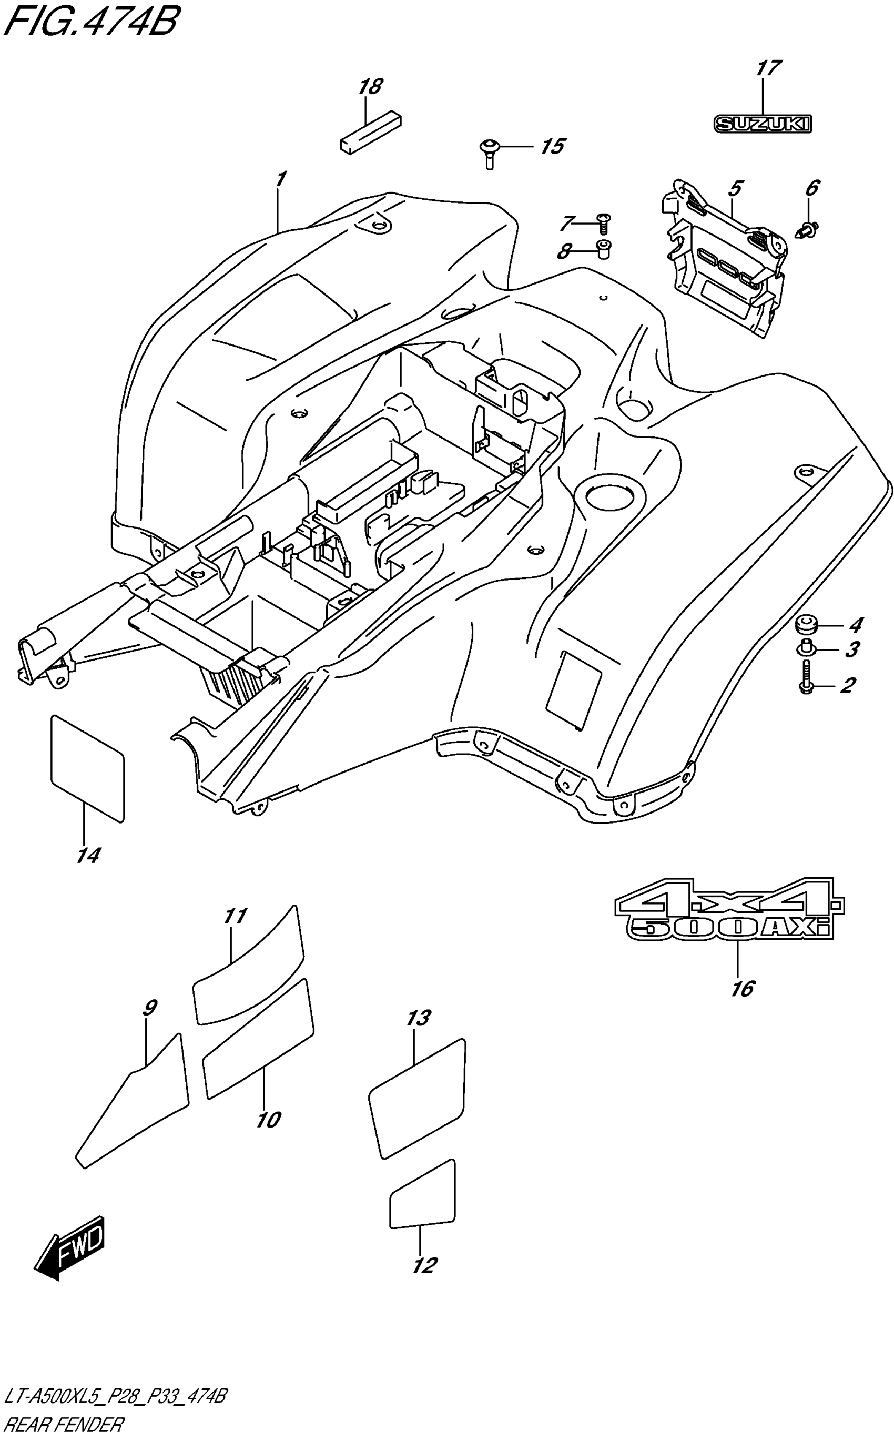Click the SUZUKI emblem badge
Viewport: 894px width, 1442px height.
pyautogui.click(x=763, y=124)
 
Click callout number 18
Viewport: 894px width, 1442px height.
pyautogui.click(x=370, y=87)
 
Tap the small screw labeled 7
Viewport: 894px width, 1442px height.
pyautogui.click(x=604, y=224)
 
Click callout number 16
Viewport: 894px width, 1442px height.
pyautogui.click(x=743, y=988)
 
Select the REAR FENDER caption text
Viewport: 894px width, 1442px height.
pyautogui.click(x=63, y=1425)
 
